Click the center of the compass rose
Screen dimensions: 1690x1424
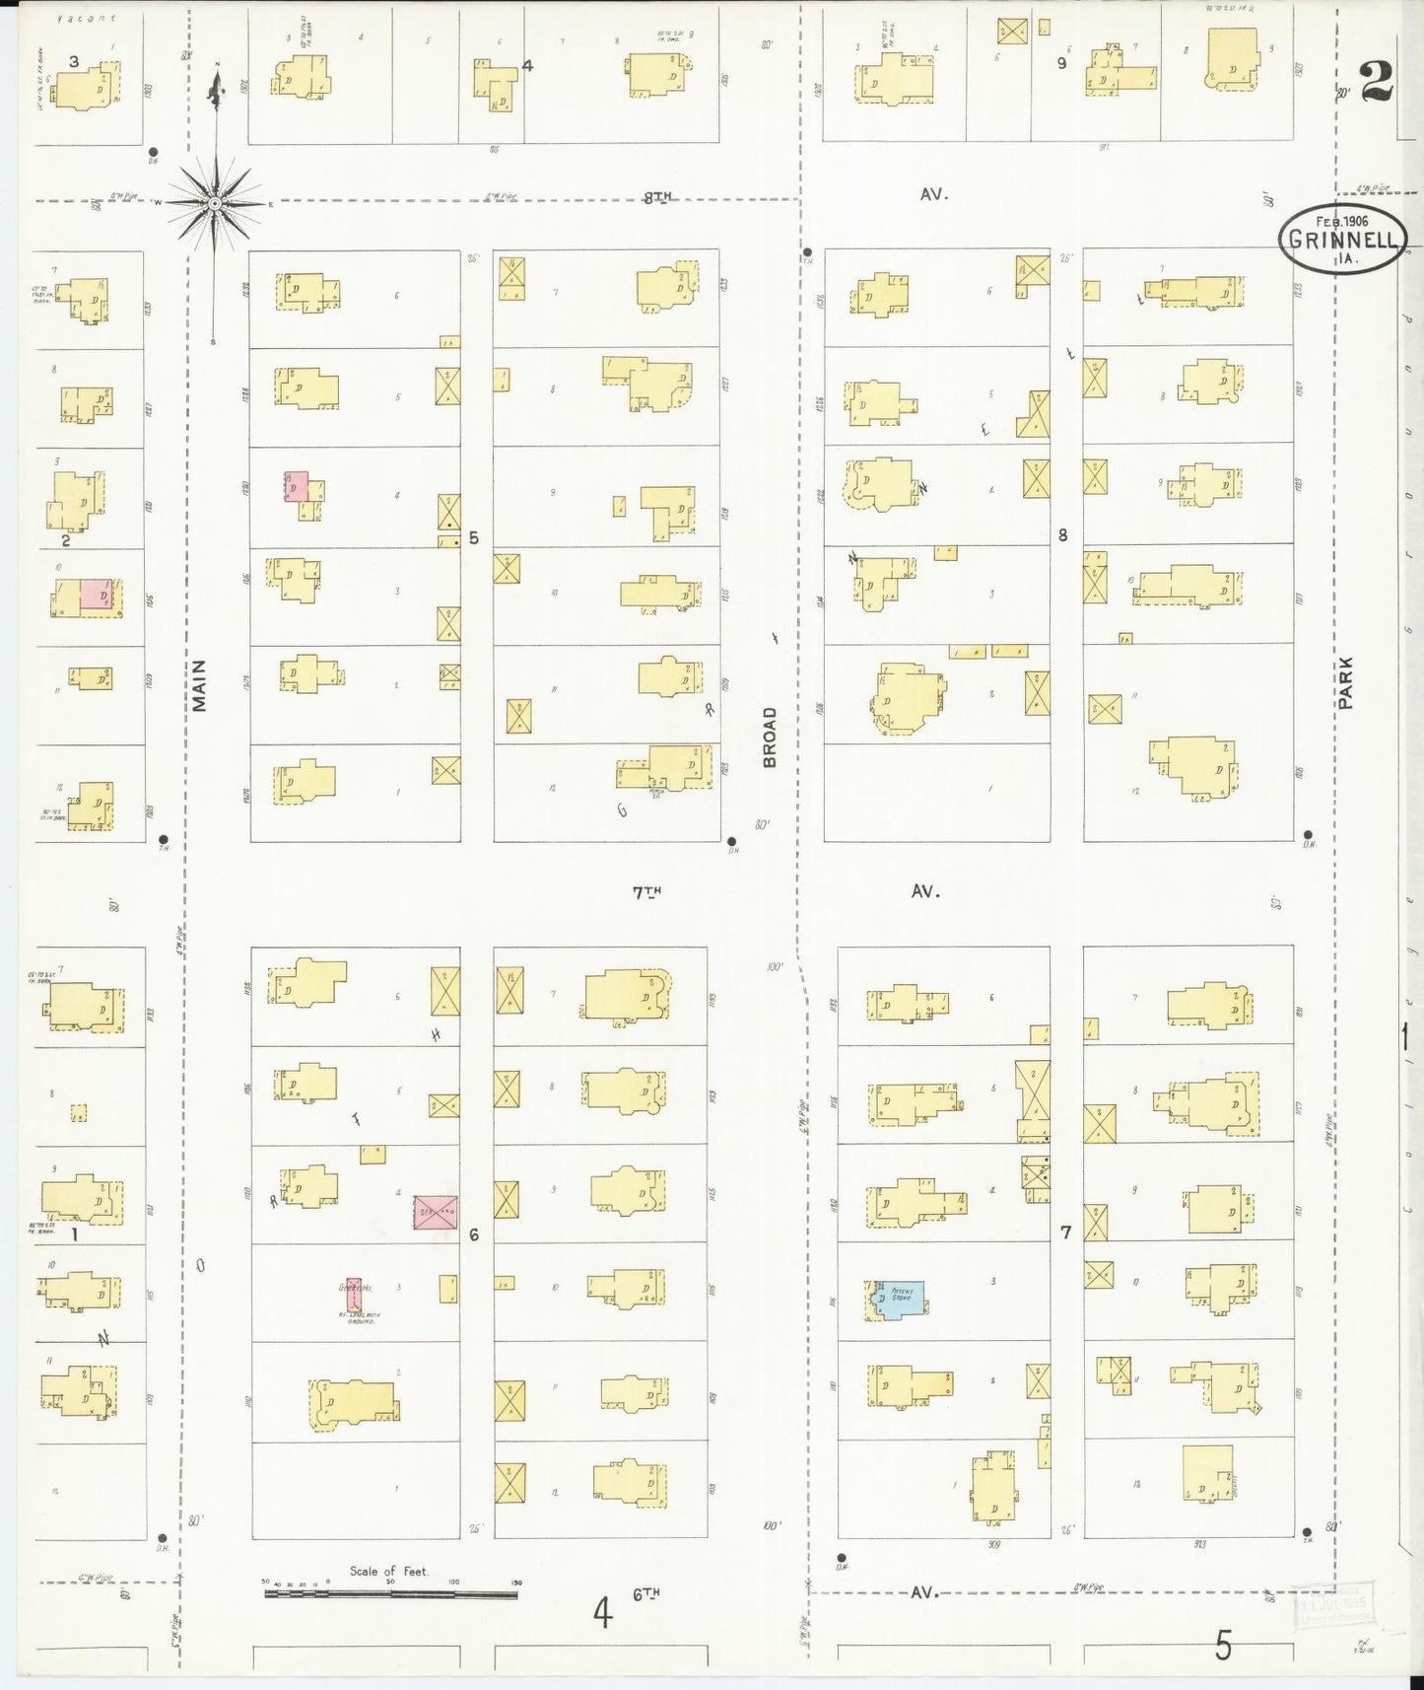215,203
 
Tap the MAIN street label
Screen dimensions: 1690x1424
201,685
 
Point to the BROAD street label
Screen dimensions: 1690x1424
770,737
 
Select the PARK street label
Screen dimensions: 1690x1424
1346,683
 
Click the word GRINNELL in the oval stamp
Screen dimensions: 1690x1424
1342,241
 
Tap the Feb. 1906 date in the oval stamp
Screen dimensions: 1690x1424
1342,222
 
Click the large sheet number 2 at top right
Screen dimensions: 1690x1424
1377,81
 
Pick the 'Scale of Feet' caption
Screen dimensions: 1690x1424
389,1571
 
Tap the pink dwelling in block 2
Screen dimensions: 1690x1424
96,595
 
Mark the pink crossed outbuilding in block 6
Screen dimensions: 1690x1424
435,1212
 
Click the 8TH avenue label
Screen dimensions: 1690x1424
657,197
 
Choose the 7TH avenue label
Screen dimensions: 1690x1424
646,892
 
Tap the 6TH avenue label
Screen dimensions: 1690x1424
646,1593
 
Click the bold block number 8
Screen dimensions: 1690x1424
1063,535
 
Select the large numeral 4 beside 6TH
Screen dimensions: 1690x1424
603,1614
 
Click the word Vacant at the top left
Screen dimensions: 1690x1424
87,18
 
